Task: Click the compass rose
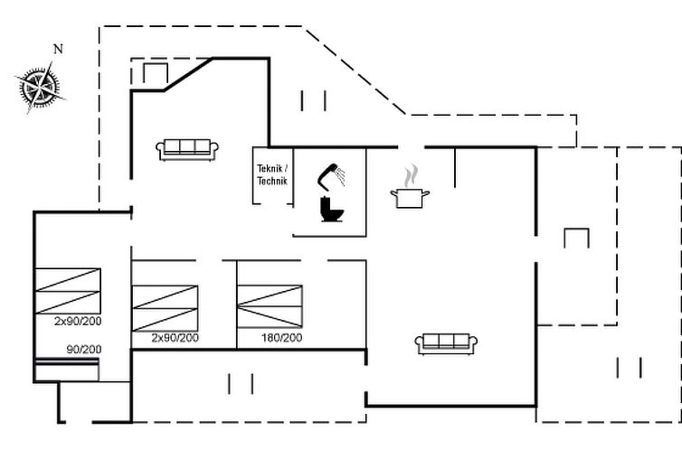[x=40, y=88]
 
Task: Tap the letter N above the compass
[x=58, y=49]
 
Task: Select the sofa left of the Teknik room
[x=187, y=150]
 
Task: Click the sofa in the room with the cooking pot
[x=446, y=344]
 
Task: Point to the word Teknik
[x=270, y=169]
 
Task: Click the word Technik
[x=272, y=181]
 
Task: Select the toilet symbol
[x=332, y=210]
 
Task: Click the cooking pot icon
[x=410, y=198]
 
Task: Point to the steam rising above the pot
[x=411, y=176]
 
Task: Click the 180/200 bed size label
[x=281, y=338]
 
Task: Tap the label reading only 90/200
[x=84, y=349]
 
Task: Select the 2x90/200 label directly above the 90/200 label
[x=78, y=321]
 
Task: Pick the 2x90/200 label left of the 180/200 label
[x=175, y=338]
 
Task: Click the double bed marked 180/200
[x=270, y=306]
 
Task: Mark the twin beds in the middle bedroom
[x=165, y=308]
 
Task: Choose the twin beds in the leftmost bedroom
[x=68, y=291]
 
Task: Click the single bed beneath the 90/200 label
[x=67, y=370]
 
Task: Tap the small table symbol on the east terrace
[x=577, y=238]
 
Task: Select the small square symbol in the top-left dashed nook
[x=156, y=73]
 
